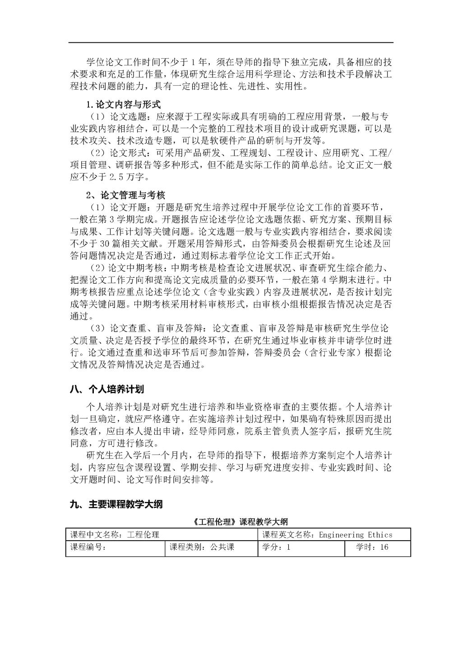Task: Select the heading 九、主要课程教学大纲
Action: coord(116,504)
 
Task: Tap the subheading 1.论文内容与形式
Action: coord(124,105)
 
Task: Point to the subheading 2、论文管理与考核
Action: coord(126,195)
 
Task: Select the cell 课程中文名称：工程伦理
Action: coord(115,535)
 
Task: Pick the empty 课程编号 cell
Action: coord(115,548)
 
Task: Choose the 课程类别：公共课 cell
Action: coord(202,548)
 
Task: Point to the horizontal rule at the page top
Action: coord(231,43)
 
